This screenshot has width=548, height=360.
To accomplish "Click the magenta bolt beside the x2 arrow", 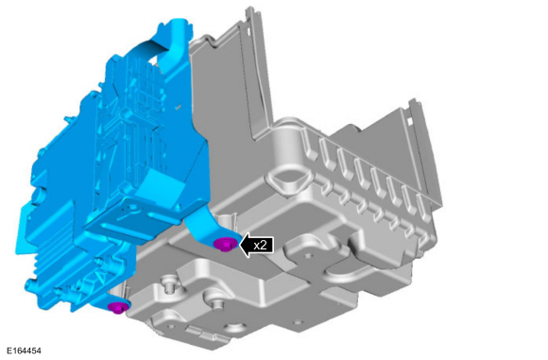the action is (x=226, y=245).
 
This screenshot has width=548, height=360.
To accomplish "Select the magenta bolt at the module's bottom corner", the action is (x=118, y=307).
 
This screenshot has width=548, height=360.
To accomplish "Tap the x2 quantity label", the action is (x=260, y=245).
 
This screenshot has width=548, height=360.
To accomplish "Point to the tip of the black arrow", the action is (x=239, y=245).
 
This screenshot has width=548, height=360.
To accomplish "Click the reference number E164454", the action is (x=24, y=351).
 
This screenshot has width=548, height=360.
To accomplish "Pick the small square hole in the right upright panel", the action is (x=409, y=121).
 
